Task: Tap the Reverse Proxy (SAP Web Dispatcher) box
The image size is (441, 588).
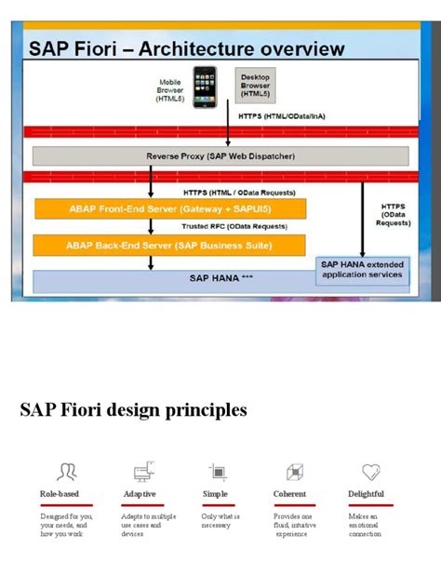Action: [220, 156]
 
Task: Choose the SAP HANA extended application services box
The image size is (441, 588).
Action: [362, 270]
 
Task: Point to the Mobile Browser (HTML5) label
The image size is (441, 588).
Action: [169, 89]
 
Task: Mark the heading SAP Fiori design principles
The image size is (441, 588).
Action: [134, 409]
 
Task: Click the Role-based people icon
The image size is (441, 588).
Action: [67, 472]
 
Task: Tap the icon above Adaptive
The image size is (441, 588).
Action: [144, 472]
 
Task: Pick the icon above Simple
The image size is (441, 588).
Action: [218, 472]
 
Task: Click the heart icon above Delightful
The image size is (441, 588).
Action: [371, 472]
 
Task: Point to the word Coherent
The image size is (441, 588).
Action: [290, 494]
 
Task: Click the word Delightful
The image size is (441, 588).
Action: [367, 494]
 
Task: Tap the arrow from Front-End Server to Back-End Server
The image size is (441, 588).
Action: [150, 226]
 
